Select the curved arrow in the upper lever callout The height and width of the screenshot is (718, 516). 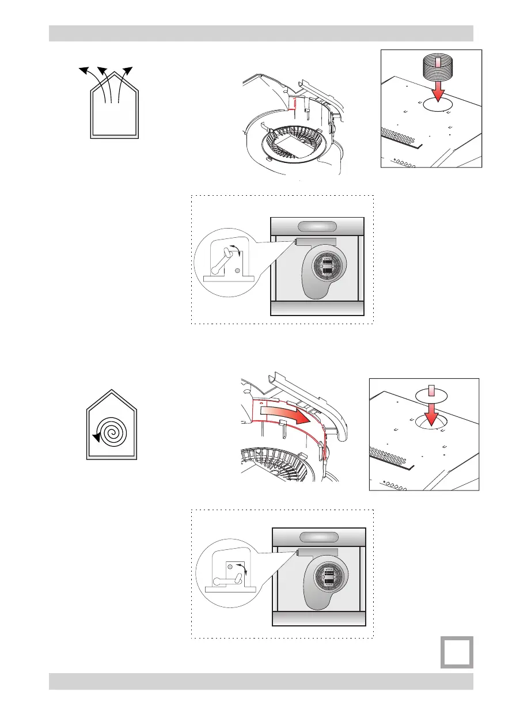tap(233, 249)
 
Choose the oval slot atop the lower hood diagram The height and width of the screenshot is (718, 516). tap(317, 537)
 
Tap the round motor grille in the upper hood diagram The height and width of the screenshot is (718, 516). tap(328, 269)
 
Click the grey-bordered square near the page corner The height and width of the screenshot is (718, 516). tap(457, 652)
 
